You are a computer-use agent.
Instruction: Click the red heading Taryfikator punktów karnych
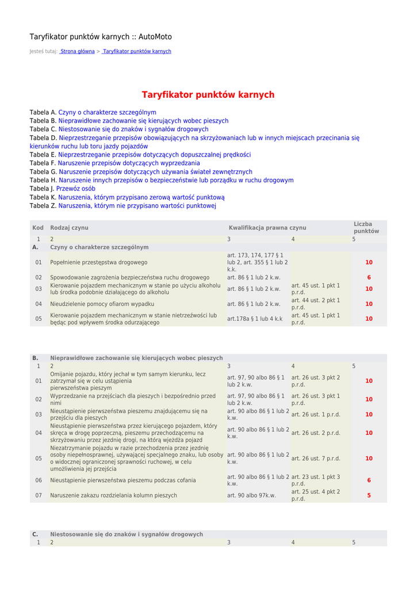(208, 95)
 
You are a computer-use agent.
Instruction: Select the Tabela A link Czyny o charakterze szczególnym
(107, 112)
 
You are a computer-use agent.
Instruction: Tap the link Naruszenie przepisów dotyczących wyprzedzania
(129, 163)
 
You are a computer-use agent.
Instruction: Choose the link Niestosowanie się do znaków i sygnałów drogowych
(133, 129)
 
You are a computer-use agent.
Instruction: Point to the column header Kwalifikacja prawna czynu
(267, 228)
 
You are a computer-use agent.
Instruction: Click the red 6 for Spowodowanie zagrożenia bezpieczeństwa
(369, 277)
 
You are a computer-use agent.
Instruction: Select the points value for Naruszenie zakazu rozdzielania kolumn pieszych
(369, 495)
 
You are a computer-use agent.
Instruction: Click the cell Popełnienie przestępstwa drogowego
(98, 262)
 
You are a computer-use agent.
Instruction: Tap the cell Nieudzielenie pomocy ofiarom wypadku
(102, 304)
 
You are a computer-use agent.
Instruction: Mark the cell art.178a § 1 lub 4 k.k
(255, 319)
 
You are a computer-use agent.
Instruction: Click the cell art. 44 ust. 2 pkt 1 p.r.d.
(315, 304)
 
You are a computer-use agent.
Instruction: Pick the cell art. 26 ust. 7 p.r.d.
(315, 458)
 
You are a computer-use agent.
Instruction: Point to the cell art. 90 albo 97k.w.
(251, 495)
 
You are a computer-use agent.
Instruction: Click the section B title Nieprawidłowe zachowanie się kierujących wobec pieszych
(136, 358)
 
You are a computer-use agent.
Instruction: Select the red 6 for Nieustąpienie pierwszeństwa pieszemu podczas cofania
(369, 480)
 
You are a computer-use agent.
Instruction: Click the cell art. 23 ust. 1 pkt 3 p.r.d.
(315, 480)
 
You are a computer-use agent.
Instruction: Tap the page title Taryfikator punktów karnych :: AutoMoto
(101, 37)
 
